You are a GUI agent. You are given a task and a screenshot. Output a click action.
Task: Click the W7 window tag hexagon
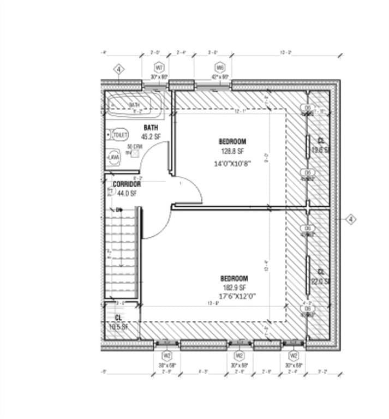click(x=159, y=68)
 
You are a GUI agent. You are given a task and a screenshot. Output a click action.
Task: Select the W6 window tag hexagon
click(x=220, y=68)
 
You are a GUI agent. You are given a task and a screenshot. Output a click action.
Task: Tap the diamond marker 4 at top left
click(x=119, y=69)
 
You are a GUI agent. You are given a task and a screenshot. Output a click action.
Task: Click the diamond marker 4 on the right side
click(x=351, y=219)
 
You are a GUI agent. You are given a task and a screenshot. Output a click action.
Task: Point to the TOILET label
click(x=120, y=134)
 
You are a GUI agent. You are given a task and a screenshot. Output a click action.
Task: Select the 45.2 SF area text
click(x=151, y=136)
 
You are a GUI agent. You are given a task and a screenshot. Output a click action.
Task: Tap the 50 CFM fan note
click(x=134, y=147)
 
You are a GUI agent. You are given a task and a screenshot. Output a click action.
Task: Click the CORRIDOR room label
click(x=127, y=184)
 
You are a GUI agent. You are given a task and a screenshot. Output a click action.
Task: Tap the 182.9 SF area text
click(x=234, y=288)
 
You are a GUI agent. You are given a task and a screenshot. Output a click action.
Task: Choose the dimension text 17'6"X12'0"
click(x=234, y=296)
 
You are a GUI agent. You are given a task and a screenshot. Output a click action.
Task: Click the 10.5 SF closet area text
click(x=118, y=327)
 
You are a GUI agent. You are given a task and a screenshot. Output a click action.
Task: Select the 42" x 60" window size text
click(x=220, y=77)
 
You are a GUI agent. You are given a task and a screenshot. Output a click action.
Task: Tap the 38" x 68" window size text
click(x=167, y=365)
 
